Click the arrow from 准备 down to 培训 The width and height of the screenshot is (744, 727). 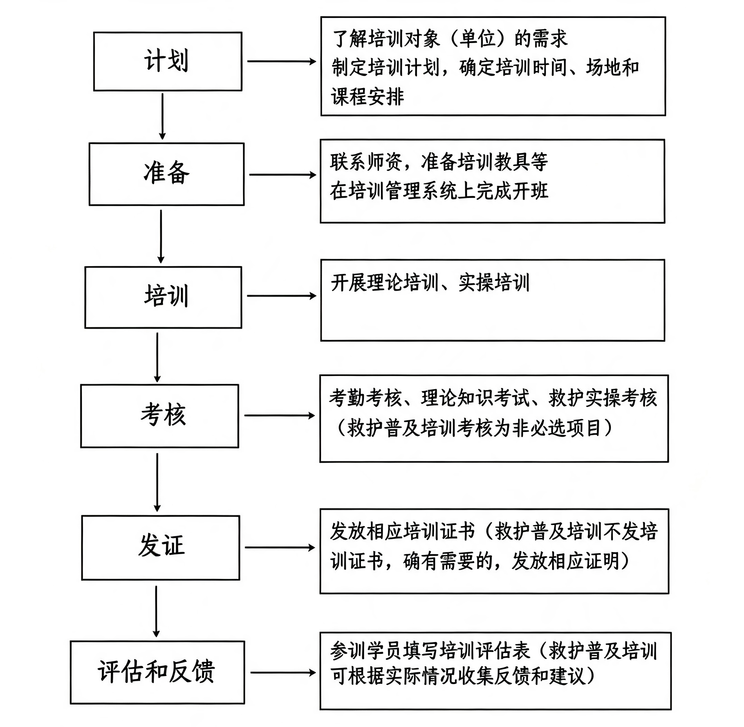(x=161, y=237)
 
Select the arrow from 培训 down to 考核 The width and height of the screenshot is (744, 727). (x=157, y=358)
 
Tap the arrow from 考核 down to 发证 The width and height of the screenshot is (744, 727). (x=157, y=482)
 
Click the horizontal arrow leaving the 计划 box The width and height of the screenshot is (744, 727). (x=282, y=61)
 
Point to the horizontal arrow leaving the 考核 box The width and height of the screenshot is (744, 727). (x=280, y=416)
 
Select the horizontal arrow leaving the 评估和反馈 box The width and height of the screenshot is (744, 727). (x=283, y=673)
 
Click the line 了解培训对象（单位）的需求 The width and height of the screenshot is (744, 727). (x=450, y=38)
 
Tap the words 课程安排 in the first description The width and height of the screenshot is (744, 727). (x=367, y=96)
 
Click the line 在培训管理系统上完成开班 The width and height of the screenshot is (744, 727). (x=439, y=191)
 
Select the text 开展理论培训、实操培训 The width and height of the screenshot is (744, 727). (x=430, y=283)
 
